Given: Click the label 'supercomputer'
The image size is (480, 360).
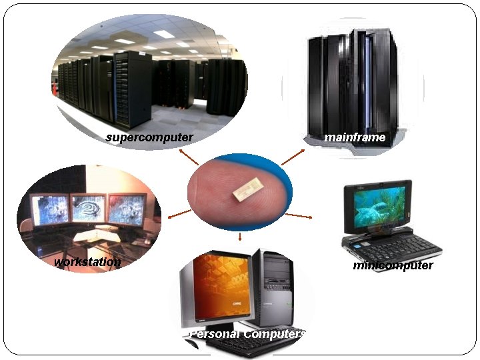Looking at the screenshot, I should (x=149, y=137).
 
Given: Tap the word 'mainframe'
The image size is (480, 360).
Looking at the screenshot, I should (x=355, y=137).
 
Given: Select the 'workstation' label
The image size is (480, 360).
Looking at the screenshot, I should (x=88, y=262).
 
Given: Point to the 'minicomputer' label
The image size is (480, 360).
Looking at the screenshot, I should (x=393, y=265).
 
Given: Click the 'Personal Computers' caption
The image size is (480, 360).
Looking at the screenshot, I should (x=247, y=333).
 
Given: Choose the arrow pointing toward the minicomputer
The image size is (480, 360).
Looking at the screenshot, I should (x=303, y=217).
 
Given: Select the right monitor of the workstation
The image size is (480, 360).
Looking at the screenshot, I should (x=127, y=207).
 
